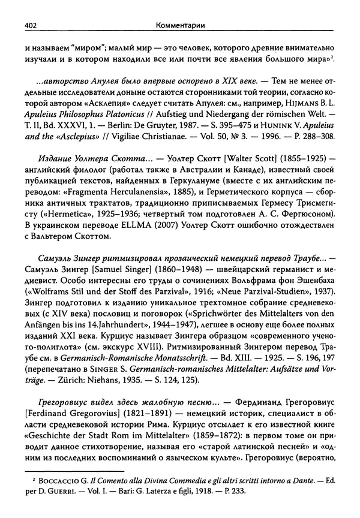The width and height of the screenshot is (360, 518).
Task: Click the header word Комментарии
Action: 179,9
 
